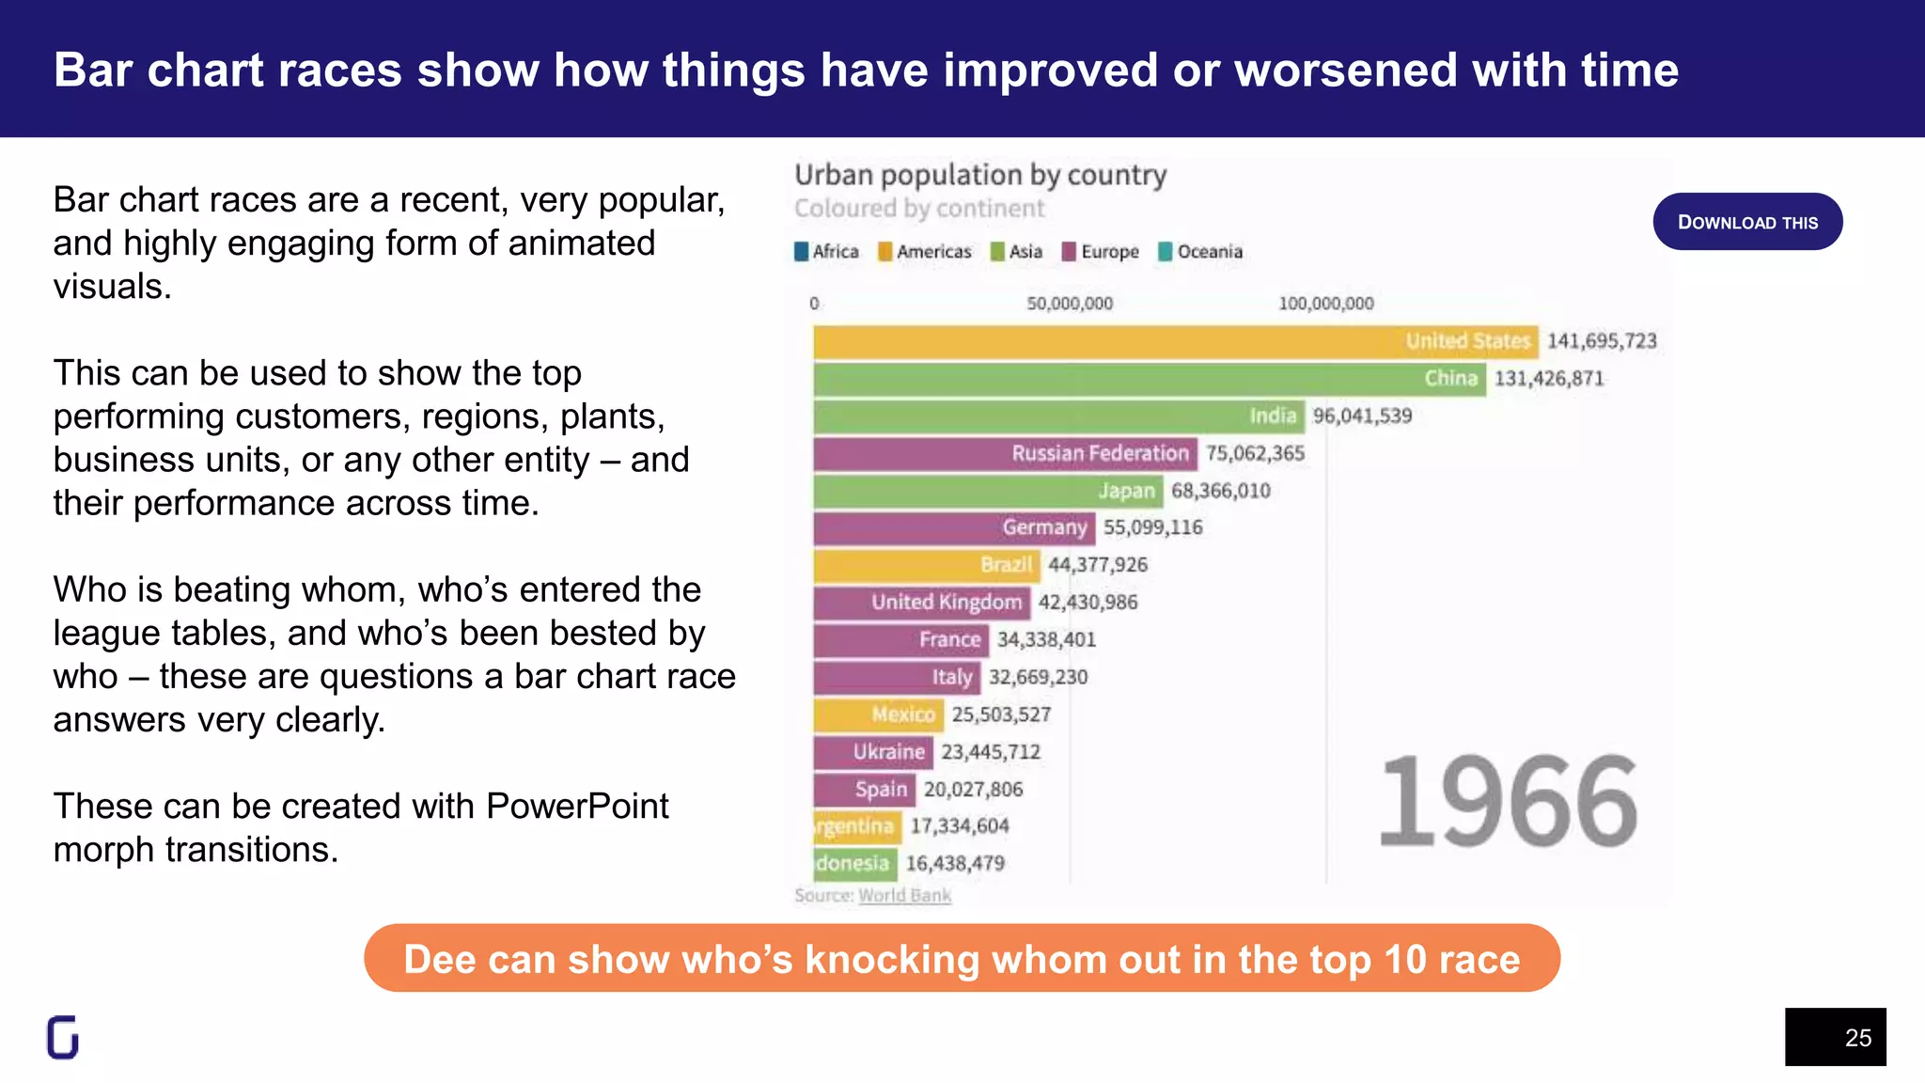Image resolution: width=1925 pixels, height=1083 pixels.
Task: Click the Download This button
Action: pos(1747,222)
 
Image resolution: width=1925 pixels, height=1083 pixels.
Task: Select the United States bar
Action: pos(1175,342)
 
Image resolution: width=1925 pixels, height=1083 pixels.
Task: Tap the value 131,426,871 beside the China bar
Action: pos(1549,379)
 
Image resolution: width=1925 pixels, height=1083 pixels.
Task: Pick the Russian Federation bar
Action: pos(1005,454)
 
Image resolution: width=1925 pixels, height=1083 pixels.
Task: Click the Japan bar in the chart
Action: pos(987,491)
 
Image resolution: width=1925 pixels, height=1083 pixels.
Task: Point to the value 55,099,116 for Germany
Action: pos(1153,527)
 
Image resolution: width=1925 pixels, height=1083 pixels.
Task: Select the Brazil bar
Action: pos(926,565)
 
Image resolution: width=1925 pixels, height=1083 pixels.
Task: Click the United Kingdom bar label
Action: pos(946,603)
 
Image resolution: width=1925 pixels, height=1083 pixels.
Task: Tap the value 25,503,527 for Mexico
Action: pos(1001,714)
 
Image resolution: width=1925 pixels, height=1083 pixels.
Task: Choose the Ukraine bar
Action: pos(873,752)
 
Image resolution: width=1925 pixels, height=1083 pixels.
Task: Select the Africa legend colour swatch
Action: pos(802,252)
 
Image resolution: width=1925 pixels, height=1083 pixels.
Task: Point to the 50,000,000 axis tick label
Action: pos(1070,304)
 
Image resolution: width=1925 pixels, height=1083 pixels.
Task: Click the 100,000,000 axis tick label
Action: pos(1325,304)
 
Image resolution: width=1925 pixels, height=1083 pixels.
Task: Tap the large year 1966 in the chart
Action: pos(1508,801)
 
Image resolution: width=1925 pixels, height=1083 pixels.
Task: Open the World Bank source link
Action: pos(904,895)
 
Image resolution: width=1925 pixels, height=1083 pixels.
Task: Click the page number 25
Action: pos(1857,1038)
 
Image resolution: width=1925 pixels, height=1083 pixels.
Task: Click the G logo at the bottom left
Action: pos(63,1037)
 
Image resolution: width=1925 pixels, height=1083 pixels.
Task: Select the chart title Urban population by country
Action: pos(980,175)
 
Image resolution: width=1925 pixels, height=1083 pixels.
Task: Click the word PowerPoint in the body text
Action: pos(577,807)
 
